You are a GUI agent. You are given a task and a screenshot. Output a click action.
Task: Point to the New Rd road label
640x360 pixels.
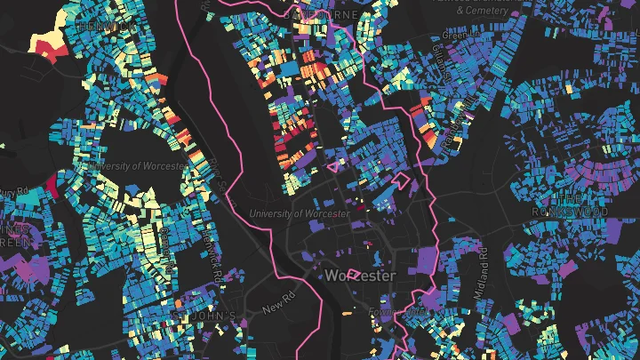(x=277, y=309)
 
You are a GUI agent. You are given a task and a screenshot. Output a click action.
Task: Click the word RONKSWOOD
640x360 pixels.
(x=568, y=213)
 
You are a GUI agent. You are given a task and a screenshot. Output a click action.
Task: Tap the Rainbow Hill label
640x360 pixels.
(x=462, y=120)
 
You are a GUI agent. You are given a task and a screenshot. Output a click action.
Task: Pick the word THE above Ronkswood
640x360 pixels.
(x=568, y=197)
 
